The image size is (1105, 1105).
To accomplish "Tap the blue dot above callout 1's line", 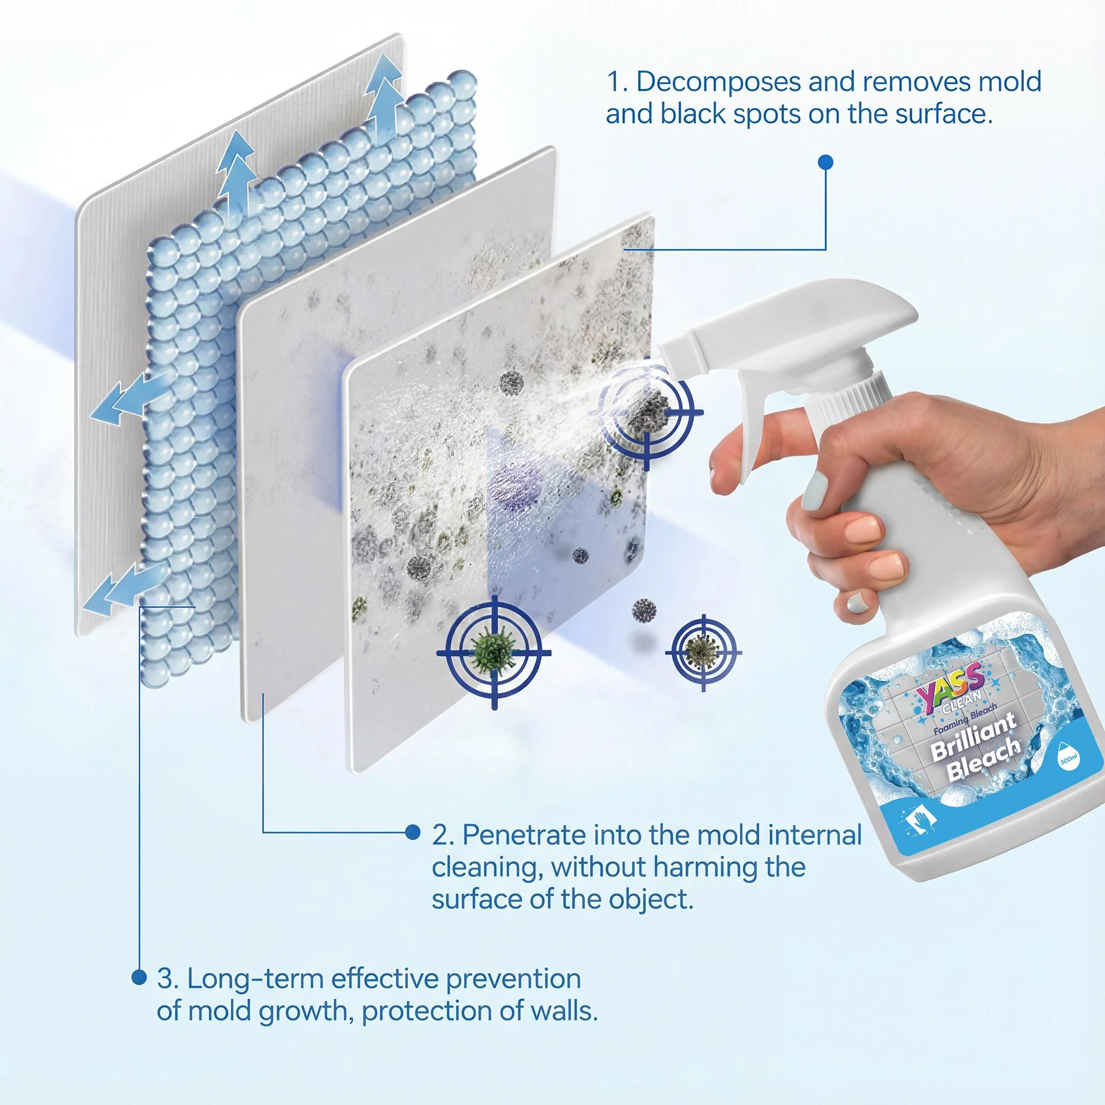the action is tap(825, 162).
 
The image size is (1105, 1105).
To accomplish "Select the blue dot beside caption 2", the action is tap(412, 832).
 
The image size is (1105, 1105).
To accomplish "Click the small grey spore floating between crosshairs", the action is tap(645, 611).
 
